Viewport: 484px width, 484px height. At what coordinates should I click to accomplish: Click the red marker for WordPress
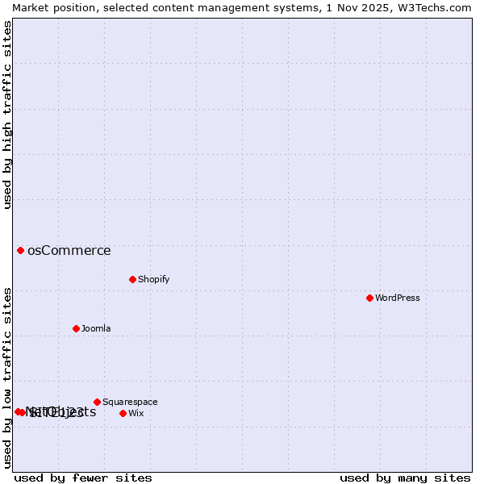[x=369, y=298]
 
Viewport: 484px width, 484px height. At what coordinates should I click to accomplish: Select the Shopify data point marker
[x=132, y=279]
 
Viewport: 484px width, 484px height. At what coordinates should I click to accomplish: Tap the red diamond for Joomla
[x=76, y=328]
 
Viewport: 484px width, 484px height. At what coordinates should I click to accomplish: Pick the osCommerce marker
[x=20, y=250]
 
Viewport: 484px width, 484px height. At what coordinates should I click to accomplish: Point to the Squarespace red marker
[x=97, y=402]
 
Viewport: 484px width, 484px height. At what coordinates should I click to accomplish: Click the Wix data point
[x=123, y=413]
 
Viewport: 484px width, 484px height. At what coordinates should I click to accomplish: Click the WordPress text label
[x=398, y=298]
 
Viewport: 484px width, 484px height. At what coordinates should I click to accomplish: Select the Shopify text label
[x=153, y=279]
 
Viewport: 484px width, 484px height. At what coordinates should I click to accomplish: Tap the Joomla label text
[x=96, y=328]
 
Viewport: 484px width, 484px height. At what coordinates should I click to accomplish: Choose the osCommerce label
[x=69, y=250]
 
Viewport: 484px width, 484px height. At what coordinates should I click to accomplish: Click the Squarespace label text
[x=130, y=402]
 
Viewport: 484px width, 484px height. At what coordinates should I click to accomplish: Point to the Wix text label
[x=136, y=413]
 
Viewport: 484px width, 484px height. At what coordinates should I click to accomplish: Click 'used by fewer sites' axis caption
[x=83, y=478]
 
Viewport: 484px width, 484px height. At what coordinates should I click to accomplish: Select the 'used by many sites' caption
[x=405, y=478]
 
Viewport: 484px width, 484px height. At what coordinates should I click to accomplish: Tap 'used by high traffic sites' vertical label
[x=7, y=115]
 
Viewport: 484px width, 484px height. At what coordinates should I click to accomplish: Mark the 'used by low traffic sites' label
[x=7, y=378]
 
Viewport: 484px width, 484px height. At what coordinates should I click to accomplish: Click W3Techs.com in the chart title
[x=432, y=7]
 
